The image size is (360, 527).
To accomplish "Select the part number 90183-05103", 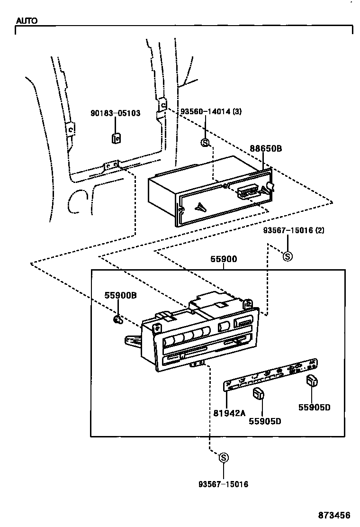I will (x=115, y=113).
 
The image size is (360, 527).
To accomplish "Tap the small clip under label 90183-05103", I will (x=116, y=138).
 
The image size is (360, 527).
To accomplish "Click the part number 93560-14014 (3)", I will (x=211, y=112).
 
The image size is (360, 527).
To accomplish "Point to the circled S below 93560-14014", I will (x=205, y=143).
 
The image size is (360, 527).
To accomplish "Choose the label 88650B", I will (x=266, y=148).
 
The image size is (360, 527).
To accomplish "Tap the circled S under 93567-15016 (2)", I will (x=288, y=256).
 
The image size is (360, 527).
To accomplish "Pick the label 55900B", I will (x=120, y=295).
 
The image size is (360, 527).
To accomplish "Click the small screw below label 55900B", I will (x=118, y=320).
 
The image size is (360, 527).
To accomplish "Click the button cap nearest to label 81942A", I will (x=258, y=393).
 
